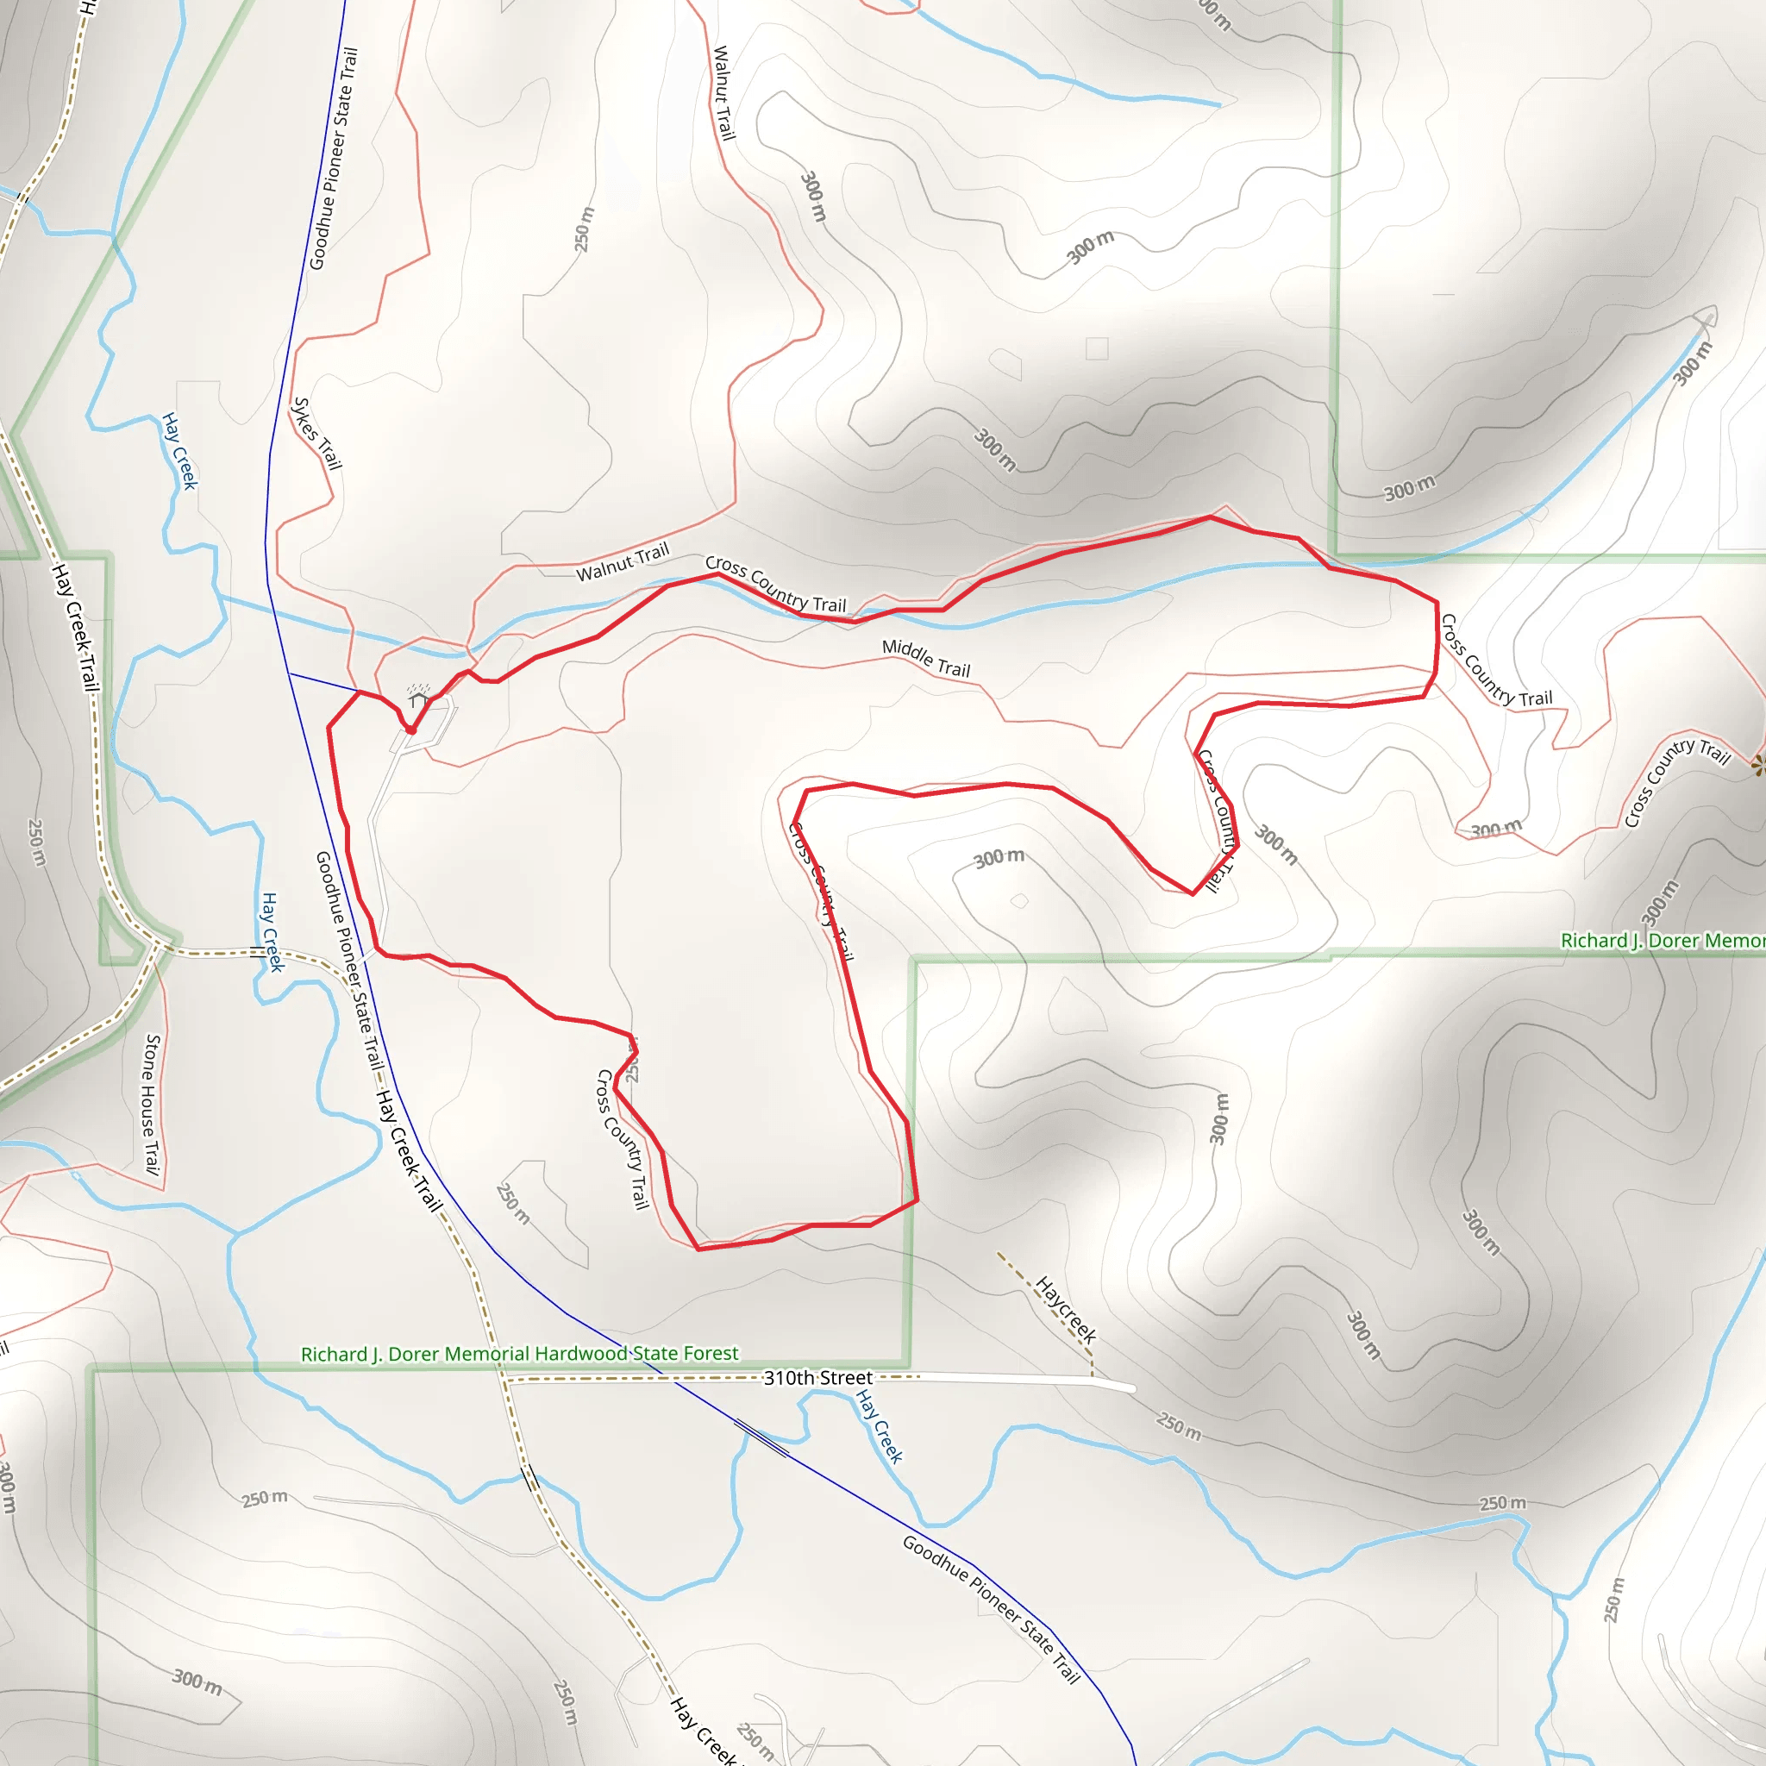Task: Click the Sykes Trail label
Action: click(316, 433)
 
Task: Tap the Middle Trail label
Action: click(926, 658)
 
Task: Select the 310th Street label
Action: click(817, 1377)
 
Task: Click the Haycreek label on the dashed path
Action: click(1065, 1310)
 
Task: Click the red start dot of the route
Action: click(411, 730)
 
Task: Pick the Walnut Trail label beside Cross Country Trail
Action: click(623, 561)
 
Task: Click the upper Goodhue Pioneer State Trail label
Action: click(334, 159)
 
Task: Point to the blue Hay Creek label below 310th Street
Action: click(880, 1426)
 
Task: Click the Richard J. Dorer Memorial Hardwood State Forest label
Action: click(519, 1354)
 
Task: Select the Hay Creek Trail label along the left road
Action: click(75, 627)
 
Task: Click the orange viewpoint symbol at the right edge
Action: click(1757, 765)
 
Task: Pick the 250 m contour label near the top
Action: click(583, 229)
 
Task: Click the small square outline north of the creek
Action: click(1097, 348)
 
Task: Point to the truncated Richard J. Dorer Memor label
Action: click(1662, 941)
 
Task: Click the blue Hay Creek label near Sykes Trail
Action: click(179, 451)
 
